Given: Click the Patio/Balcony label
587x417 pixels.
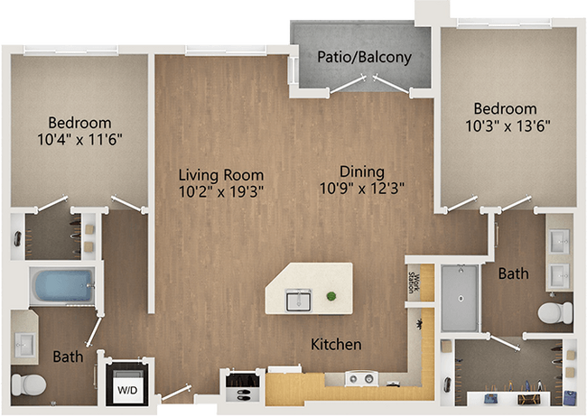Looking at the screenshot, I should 364,58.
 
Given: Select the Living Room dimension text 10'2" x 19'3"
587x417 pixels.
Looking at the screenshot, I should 220,192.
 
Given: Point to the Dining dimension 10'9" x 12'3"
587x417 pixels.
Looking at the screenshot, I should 362,189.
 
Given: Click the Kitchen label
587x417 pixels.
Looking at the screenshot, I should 336,345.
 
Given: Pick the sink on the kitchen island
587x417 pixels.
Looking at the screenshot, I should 299,298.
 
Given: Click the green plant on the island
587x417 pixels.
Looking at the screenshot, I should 332,296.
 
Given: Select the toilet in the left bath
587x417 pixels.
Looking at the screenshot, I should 33,384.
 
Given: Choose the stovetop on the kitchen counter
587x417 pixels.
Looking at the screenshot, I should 363,378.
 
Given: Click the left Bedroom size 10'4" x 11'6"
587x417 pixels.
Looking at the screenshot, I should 79,140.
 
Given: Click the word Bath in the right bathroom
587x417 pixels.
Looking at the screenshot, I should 514,273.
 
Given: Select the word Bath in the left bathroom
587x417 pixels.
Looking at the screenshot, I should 67,357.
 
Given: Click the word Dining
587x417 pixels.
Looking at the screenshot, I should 362,171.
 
